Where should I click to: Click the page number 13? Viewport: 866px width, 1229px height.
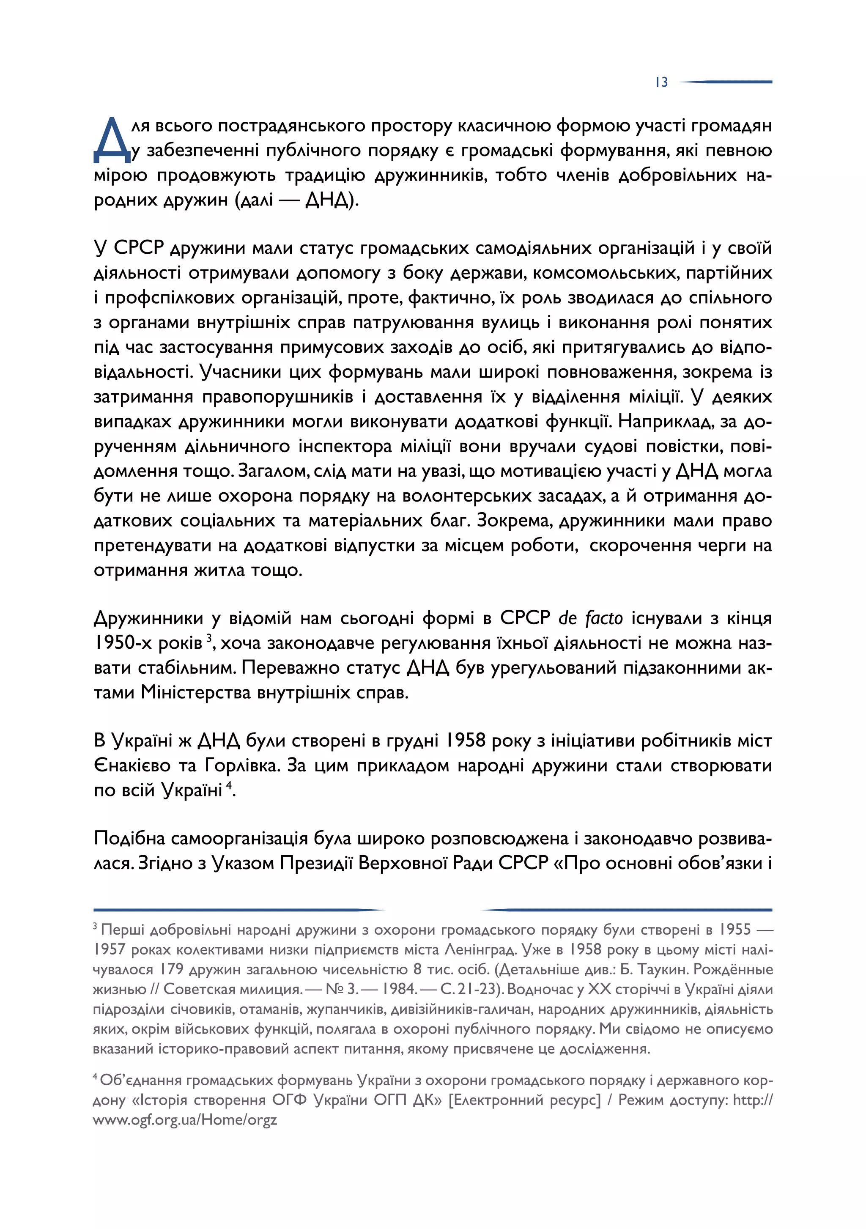pos(661,82)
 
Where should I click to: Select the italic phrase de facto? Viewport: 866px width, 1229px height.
pos(590,618)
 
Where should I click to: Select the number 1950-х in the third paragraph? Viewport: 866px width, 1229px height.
pos(123,643)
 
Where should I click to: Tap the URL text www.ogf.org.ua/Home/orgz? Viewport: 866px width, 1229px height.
pos(185,1120)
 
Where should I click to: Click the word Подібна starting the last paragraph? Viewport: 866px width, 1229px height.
pos(129,839)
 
